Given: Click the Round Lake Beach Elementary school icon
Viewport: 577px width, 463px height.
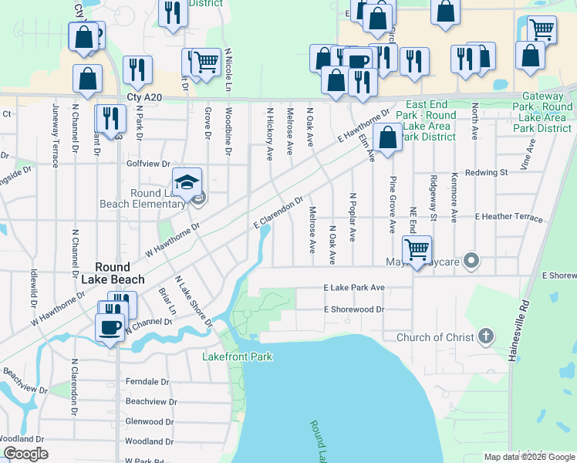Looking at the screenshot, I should coord(187,182).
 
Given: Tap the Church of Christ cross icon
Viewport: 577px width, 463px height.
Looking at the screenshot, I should coord(485,336).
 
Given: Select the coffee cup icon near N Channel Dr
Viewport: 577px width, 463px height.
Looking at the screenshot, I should coord(110,327).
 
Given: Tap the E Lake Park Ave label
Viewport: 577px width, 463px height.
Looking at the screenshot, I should coord(354,288).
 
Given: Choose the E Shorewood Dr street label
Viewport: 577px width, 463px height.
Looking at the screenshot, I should coord(354,309).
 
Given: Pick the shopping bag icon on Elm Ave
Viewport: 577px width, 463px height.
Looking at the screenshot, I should coord(386,138).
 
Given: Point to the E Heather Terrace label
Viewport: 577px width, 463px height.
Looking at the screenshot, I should coord(509,218).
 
